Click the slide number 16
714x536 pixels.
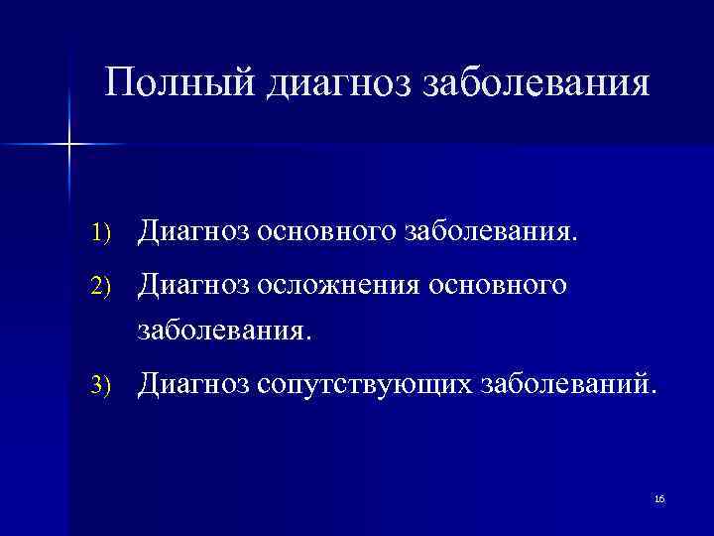pos(659,498)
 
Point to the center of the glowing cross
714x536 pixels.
pos(69,145)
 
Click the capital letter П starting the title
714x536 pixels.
pos(117,81)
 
